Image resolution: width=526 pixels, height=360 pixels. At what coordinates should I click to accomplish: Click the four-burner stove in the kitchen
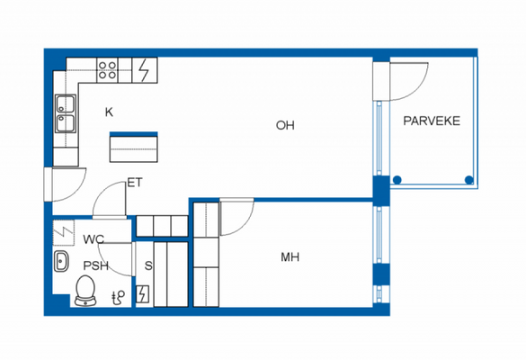pyautogui.click(x=108, y=68)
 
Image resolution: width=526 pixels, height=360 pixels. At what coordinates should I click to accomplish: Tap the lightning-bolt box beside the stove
pyautogui.click(x=144, y=68)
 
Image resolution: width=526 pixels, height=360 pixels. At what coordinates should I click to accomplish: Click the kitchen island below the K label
pyautogui.click(x=134, y=147)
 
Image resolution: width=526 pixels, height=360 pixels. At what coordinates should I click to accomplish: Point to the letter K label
pyautogui.click(x=109, y=112)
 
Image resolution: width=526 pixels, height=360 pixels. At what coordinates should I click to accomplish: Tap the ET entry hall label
pyautogui.click(x=135, y=183)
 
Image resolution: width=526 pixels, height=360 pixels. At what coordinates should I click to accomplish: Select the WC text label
pyautogui.click(x=94, y=239)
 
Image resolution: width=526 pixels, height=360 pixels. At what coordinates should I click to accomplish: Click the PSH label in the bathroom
pyautogui.click(x=96, y=265)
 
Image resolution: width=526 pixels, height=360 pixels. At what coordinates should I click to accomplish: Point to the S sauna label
pyautogui.click(x=148, y=265)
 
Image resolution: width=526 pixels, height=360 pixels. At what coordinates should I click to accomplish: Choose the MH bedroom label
pyautogui.click(x=290, y=257)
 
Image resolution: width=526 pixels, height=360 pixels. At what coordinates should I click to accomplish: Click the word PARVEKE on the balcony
pyautogui.click(x=432, y=121)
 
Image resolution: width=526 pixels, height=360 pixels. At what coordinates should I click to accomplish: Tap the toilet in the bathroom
pyautogui.click(x=86, y=290)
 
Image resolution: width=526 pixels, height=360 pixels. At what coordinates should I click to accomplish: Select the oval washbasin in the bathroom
pyautogui.click(x=62, y=263)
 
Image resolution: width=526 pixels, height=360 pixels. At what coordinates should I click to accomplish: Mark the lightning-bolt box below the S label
pyautogui.click(x=143, y=294)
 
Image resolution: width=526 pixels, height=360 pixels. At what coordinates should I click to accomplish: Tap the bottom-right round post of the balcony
pyautogui.click(x=468, y=180)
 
